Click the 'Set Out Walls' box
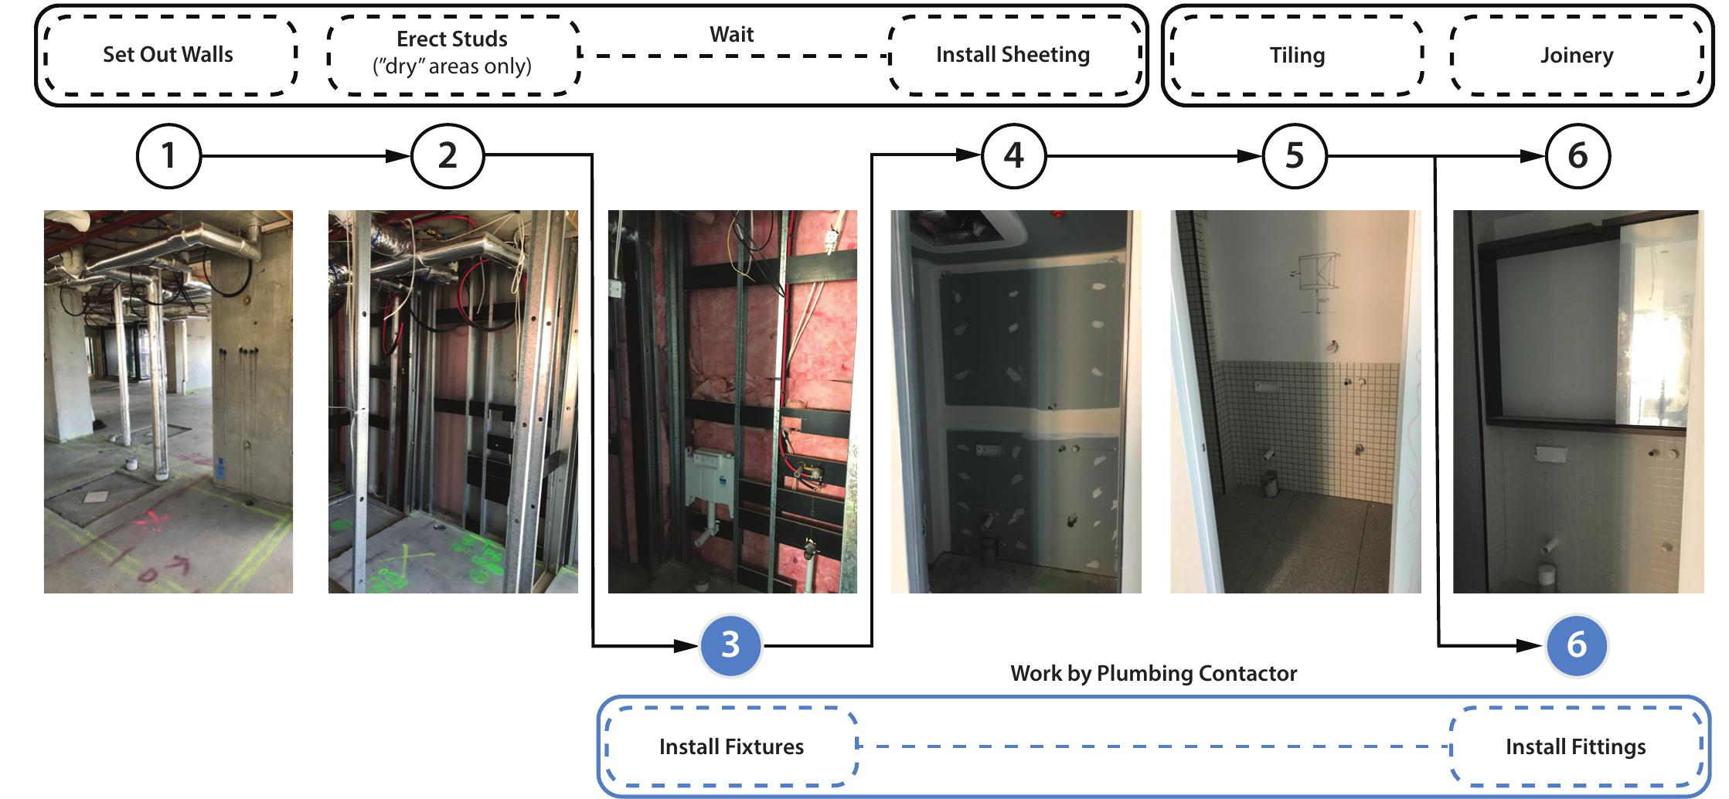tap(168, 55)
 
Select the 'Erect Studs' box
tap(452, 53)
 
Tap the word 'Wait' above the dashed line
tap(731, 35)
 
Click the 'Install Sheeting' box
tap(1013, 55)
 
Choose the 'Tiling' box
tap(1296, 56)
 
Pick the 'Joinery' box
tap(1576, 56)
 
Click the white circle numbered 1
tap(168, 156)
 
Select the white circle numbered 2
tap(448, 156)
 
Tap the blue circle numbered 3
tap(730, 644)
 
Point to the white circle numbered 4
tap(1013, 156)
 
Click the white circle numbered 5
tap(1295, 156)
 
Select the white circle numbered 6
tap(1577, 156)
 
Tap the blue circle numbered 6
tap(1577, 644)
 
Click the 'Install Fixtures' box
tap(731, 746)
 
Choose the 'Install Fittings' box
tap(1575, 746)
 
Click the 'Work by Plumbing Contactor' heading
tap(1153, 673)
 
